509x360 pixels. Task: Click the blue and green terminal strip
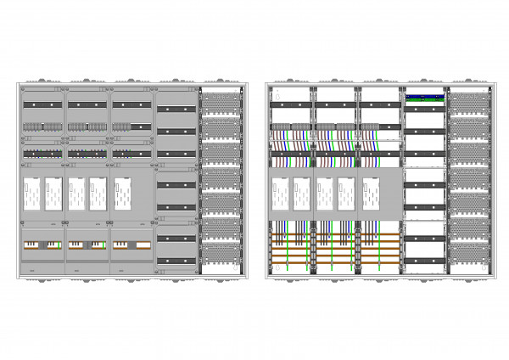[425, 97]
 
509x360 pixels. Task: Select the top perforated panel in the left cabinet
[221, 102]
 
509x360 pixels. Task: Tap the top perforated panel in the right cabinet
[469, 102]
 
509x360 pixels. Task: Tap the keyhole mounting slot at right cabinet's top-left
[272, 89]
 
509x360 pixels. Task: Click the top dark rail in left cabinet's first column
[43, 104]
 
